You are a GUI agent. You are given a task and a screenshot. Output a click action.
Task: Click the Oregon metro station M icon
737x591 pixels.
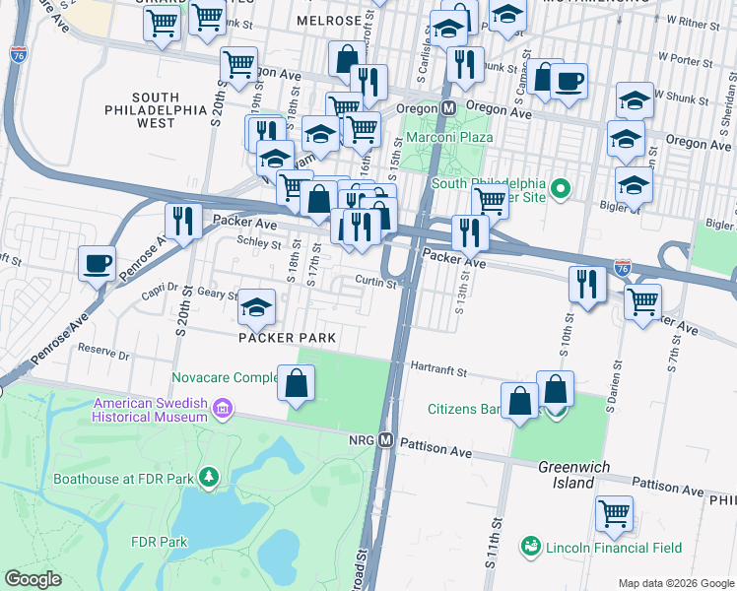pyautogui.click(x=447, y=107)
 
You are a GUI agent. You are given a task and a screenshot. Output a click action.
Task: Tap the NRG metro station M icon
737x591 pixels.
pyautogui.click(x=385, y=440)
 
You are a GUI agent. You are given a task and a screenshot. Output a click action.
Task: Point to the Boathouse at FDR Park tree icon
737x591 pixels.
pyautogui.click(x=208, y=479)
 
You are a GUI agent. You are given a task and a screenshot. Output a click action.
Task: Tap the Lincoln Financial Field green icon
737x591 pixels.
pyautogui.click(x=531, y=545)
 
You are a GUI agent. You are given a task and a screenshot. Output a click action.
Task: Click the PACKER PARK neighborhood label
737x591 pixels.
pyautogui.click(x=287, y=338)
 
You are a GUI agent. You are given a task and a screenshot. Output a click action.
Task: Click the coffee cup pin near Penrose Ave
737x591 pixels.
pyautogui.click(x=98, y=263)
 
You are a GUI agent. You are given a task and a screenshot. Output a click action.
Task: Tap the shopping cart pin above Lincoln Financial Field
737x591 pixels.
pyautogui.click(x=614, y=512)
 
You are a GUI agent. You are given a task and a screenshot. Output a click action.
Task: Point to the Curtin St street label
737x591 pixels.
pyautogui.click(x=375, y=284)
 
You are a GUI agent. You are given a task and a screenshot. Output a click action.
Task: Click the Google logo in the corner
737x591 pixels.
pyautogui.click(x=33, y=579)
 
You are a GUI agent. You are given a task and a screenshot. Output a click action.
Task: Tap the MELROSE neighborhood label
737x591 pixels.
pyautogui.click(x=324, y=21)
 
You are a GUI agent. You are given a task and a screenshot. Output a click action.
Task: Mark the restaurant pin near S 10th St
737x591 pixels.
pyautogui.click(x=586, y=285)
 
